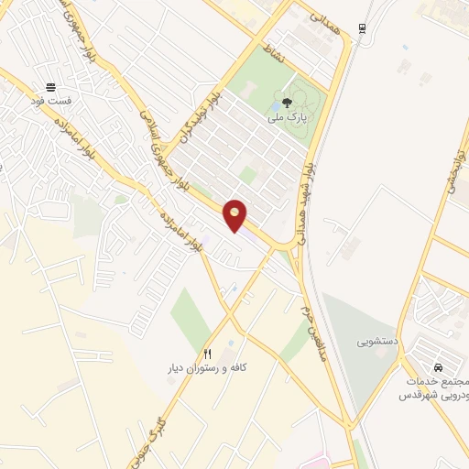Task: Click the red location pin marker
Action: [x=235, y=214]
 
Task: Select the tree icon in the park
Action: [x=289, y=103]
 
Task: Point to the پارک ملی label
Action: [x=288, y=118]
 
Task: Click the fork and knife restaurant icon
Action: [x=208, y=354]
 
